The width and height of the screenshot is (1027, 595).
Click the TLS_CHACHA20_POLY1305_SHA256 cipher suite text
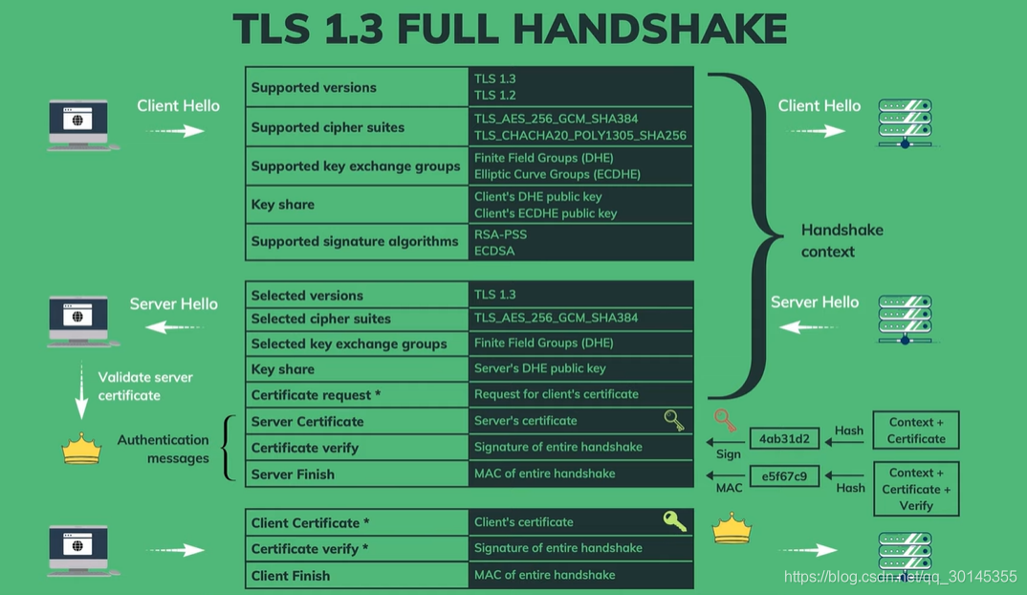[580, 136]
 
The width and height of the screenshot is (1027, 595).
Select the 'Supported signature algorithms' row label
[355, 241]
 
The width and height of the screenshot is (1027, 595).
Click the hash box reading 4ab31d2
[785, 439]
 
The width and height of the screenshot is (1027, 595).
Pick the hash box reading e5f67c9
[785, 476]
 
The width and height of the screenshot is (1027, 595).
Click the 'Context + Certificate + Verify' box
[916, 489]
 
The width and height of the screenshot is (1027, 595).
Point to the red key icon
[725, 419]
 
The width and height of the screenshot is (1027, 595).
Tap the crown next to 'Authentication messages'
[81, 449]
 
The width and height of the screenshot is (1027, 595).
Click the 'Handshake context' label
[842, 240]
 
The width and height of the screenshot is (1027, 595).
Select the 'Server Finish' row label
[293, 474]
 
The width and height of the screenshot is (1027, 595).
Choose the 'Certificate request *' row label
[316, 395]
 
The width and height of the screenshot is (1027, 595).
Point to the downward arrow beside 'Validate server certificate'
[81, 390]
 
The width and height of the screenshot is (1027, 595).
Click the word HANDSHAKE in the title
[649, 29]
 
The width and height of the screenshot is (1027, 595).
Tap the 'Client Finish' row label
[291, 576]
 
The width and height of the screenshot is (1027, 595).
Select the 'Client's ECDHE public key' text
[546, 213]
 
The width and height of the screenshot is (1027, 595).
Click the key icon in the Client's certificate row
[674, 521]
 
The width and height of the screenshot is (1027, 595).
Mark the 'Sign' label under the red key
[729, 454]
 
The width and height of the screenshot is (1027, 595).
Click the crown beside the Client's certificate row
[732, 529]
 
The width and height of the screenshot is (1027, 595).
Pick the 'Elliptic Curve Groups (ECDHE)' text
[557, 174]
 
